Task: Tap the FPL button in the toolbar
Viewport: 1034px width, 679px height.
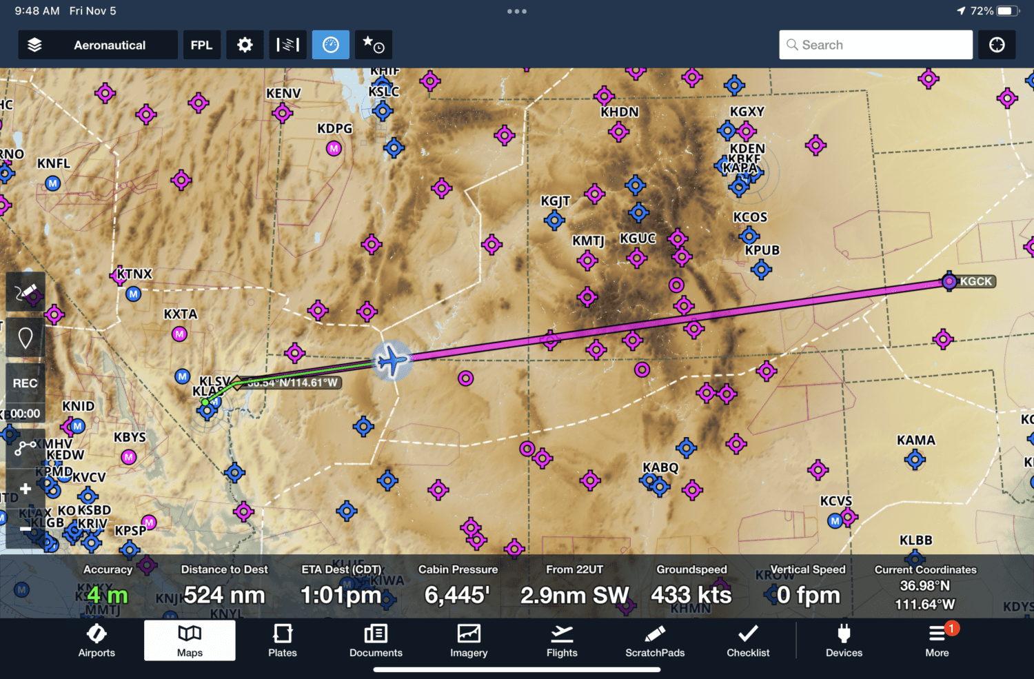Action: [x=201, y=45]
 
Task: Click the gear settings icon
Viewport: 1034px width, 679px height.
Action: [x=245, y=45]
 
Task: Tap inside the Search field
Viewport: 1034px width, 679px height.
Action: [x=875, y=45]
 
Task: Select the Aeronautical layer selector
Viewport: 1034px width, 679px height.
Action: [x=97, y=45]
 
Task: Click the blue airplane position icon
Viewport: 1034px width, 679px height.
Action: [x=392, y=359]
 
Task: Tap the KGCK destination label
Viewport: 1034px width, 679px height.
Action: [x=975, y=281]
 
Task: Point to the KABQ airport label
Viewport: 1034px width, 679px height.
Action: [x=660, y=467]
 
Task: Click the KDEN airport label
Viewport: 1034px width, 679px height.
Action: [x=747, y=148]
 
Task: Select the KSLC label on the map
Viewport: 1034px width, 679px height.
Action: [x=384, y=92]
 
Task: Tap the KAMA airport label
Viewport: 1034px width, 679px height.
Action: [x=915, y=440]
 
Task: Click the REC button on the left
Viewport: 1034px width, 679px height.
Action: [x=26, y=383]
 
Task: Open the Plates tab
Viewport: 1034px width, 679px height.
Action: [x=283, y=640]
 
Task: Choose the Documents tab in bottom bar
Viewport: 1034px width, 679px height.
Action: [x=376, y=640]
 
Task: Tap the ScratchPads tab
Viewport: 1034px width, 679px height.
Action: [x=655, y=640]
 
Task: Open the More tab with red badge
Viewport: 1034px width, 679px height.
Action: [x=937, y=640]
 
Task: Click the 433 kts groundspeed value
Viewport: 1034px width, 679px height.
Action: [x=691, y=595]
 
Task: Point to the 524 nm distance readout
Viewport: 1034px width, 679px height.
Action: [x=224, y=595]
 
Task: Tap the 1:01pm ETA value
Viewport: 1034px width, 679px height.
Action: [x=341, y=595]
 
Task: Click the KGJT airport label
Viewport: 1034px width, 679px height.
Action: [x=555, y=201]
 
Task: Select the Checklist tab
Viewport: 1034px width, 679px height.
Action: [x=748, y=640]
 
